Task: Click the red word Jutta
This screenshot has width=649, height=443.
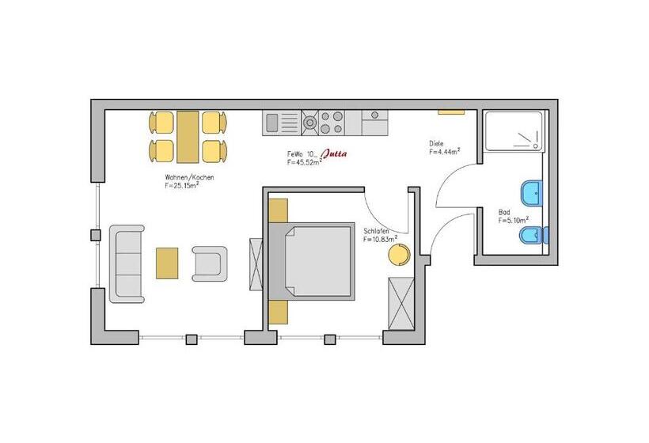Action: coord(335,154)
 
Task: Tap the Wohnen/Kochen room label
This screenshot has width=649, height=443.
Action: coord(189,177)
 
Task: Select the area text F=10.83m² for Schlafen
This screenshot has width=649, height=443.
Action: coord(381,239)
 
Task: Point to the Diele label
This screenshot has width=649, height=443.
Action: coord(436,143)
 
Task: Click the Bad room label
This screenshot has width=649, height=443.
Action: coord(504,212)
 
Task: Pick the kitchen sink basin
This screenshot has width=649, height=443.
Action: coord(271,123)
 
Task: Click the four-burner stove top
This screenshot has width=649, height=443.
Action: coord(332,123)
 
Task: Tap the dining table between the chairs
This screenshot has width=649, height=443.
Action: coord(188,137)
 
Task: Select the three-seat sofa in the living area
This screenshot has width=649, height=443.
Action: coord(127,264)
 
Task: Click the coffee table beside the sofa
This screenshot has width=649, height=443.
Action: coord(167,263)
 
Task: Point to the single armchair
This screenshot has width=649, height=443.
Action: coord(210,264)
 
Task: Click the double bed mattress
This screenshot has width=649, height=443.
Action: coord(318,261)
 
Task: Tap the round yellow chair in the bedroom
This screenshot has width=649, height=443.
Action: coord(399,254)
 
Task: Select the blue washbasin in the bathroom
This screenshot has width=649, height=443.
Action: coord(531,192)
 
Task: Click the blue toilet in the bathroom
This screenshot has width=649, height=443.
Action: coord(534,236)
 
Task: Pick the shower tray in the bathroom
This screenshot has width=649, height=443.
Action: coord(513,131)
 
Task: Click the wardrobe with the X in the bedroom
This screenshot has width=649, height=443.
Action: coord(400,304)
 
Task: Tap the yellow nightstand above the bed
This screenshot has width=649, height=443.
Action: coord(278,210)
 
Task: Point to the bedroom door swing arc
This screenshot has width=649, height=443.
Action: coord(383,218)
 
